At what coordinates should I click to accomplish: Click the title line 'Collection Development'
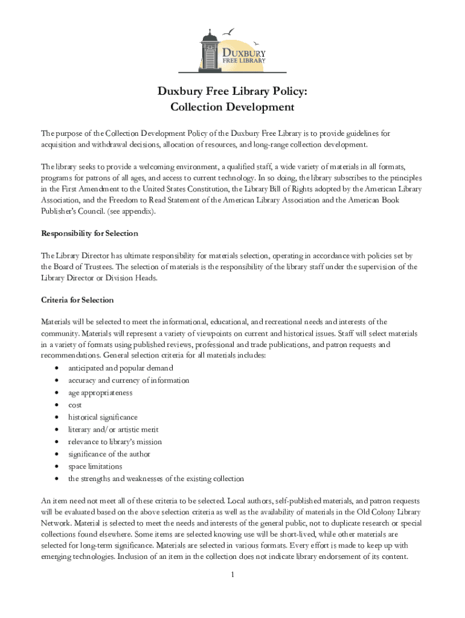(x=232, y=107)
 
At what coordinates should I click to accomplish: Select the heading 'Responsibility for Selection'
(x=89, y=233)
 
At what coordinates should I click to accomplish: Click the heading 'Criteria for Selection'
(x=77, y=299)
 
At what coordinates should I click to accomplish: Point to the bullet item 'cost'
(x=75, y=405)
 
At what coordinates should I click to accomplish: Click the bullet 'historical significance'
(x=103, y=417)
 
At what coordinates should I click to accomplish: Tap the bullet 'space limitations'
(x=95, y=466)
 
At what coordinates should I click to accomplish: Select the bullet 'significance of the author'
(x=109, y=454)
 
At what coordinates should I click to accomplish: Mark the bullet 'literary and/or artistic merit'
(x=114, y=429)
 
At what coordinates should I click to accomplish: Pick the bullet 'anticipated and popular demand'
(x=120, y=368)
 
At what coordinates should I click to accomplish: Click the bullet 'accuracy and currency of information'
(x=129, y=380)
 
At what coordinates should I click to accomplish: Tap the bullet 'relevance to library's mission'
(x=115, y=442)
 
